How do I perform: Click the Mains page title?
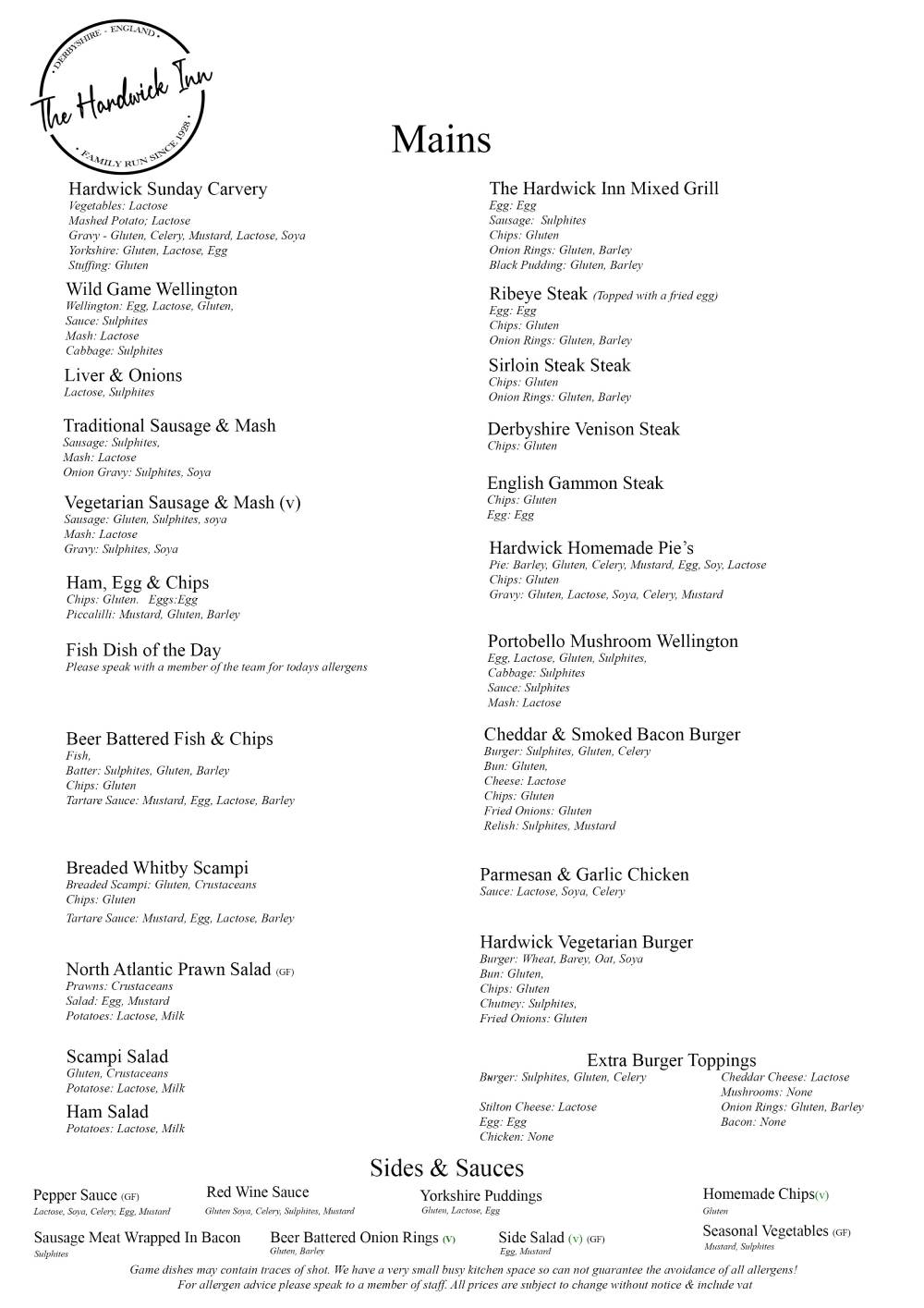pyautogui.click(x=441, y=140)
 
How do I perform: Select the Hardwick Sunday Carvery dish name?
pyautogui.click(x=167, y=189)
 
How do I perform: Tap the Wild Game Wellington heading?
pyautogui.click(x=152, y=289)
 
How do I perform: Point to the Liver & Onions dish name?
pyautogui.click(x=123, y=375)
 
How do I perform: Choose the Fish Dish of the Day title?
pyautogui.click(x=143, y=650)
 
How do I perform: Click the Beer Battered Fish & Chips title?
pyautogui.click(x=169, y=739)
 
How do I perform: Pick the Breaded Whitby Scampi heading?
pyautogui.click(x=157, y=868)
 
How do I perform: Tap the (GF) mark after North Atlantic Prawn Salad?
pyautogui.click(x=285, y=972)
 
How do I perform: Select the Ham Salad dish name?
pyautogui.click(x=107, y=1112)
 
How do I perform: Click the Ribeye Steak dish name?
pyautogui.click(x=538, y=294)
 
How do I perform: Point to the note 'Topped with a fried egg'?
pyautogui.click(x=655, y=296)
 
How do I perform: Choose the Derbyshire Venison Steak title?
pyautogui.click(x=583, y=429)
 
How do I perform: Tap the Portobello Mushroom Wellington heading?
pyautogui.click(x=613, y=642)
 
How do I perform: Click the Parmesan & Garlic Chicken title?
pyautogui.click(x=584, y=874)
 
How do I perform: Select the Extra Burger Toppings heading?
pyautogui.click(x=671, y=1060)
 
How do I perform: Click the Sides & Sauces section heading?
pyautogui.click(x=446, y=1167)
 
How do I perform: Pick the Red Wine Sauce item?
pyautogui.click(x=258, y=1192)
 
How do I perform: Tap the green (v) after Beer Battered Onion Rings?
pyautogui.click(x=449, y=1239)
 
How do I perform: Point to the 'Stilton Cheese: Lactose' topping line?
pyautogui.click(x=538, y=1107)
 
